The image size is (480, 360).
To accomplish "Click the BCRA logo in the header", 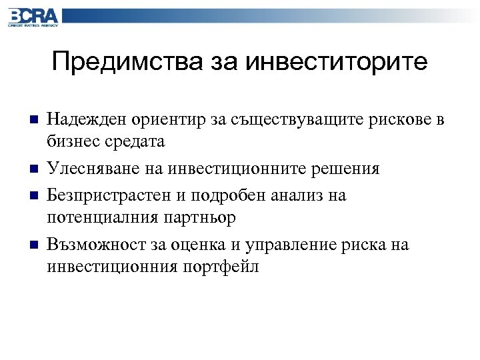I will pos(33,17).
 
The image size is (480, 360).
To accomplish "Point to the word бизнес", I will pos(71,143).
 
